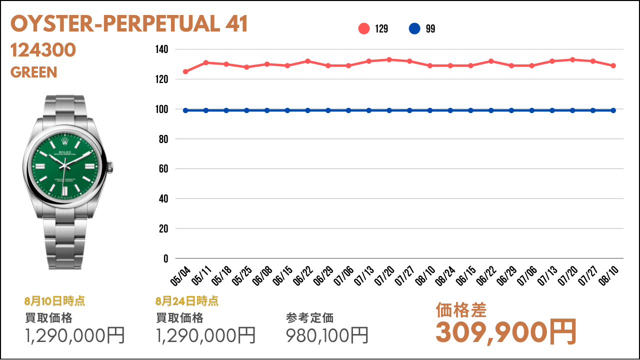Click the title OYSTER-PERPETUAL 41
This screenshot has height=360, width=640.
coord(129,23)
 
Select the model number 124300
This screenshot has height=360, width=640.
coord(43,50)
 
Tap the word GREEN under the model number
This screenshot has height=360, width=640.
coord(33,72)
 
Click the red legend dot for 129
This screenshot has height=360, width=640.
coord(363,28)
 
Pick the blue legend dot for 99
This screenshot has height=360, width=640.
coord(414,28)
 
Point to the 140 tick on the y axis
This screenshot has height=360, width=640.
coord(161,49)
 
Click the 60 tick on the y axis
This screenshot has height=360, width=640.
coord(163,169)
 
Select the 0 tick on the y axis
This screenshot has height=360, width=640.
coord(165,258)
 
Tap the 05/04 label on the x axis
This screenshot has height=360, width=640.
coord(180,275)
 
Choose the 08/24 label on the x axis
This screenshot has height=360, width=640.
coord(445,275)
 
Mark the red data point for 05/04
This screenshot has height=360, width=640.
coord(185,71)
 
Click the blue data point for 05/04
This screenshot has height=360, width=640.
coord(185,110)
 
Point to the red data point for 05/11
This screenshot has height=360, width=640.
coord(205,62)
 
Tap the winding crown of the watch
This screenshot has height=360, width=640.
coord(110,167)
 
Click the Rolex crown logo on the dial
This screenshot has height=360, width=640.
coord(65,141)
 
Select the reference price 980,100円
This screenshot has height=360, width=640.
coord(327,335)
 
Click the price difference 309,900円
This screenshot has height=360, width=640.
coord(506,332)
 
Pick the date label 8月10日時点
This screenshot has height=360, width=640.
coord(54,301)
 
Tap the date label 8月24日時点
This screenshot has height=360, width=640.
coord(187,301)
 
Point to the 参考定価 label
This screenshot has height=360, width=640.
coord(309,318)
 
